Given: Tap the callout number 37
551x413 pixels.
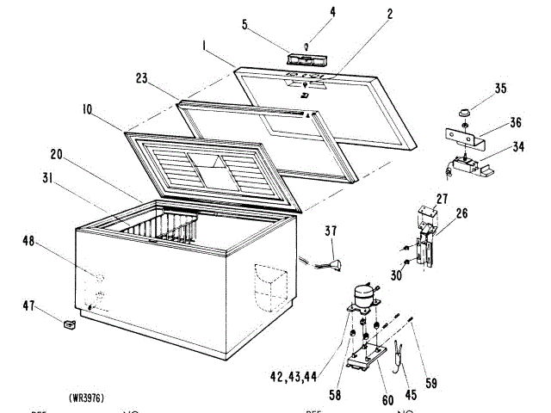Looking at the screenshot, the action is coord(331,231).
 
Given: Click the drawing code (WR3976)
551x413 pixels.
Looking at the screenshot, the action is coord(85,398).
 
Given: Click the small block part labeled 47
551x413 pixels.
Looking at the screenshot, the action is coord(69,324).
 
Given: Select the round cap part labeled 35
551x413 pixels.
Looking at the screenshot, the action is coord(464,112).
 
